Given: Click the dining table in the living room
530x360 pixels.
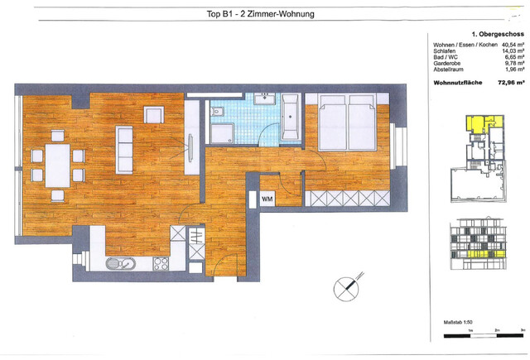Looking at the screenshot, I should tap(57, 165).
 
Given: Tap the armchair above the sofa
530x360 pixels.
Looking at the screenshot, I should tap(154, 114).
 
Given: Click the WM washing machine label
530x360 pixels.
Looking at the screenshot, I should tap(267, 199).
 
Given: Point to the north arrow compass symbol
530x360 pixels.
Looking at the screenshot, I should tap(346, 290).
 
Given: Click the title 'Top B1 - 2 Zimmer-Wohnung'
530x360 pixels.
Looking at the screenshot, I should tap(260, 13).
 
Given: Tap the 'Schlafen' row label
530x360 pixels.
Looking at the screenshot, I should tap(445, 51).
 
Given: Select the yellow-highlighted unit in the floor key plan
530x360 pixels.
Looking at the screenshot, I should tap(479, 125).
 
